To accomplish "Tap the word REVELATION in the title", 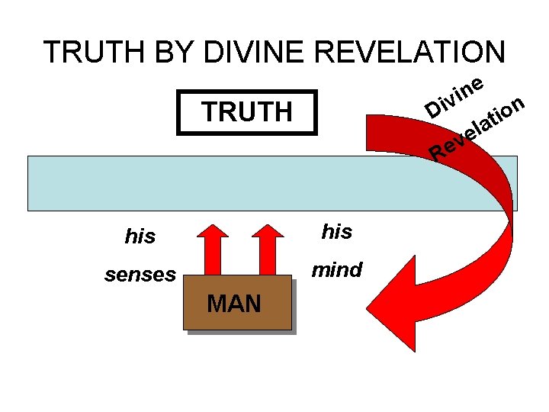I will pyautogui.click(x=409, y=53).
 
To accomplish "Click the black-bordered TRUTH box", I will pyautogui.click(x=246, y=113).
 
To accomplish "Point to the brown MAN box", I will pyautogui.click(x=236, y=302).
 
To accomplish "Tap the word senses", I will pyautogui.click(x=140, y=275).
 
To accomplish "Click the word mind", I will pyautogui.click(x=336, y=269).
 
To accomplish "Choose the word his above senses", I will pyautogui.click(x=140, y=237).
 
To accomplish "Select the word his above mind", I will pyautogui.click(x=336, y=232).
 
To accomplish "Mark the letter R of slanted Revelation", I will pyautogui.click(x=438, y=153).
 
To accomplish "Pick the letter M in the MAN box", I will pyautogui.click(x=217, y=304).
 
